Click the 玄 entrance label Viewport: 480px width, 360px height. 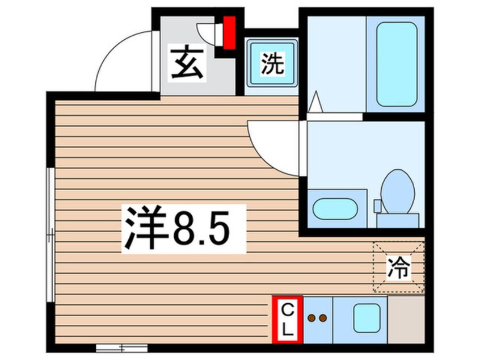pyautogui.click(x=187, y=65)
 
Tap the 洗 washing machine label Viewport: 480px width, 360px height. pyautogui.click(x=271, y=64)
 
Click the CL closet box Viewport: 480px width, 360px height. pyautogui.click(x=288, y=320)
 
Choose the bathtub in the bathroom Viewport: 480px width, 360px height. pyautogui.click(x=396, y=64)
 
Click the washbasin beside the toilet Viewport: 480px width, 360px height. pyautogui.click(x=334, y=208)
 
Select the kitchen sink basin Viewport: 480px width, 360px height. pyautogui.click(x=367, y=318)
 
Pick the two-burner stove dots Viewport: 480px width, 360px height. pyautogui.click(x=317, y=319)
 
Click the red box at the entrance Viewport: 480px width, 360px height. pyautogui.click(x=229, y=33)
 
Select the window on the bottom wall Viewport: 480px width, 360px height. pyautogui.click(x=121, y=347)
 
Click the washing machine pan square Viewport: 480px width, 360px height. pyautogui.click(x=271, y=62)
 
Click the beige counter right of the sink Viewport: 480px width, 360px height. pyautogui.click(x=406, y=320)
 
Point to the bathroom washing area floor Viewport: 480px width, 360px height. pyautogui.click(x=335, y=64)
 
